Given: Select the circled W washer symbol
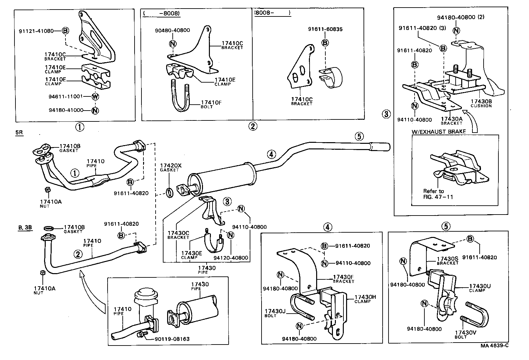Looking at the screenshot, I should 95,96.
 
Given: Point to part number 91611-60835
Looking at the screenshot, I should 325,29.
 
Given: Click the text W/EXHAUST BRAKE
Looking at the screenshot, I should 439,132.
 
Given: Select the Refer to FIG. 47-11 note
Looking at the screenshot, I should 438,194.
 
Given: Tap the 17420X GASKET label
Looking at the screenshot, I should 169,167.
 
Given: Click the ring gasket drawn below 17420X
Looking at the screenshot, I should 169,193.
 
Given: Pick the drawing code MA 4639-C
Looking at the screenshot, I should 494,346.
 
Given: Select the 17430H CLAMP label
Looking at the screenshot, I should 365,299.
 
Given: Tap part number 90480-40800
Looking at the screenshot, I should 172,30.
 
